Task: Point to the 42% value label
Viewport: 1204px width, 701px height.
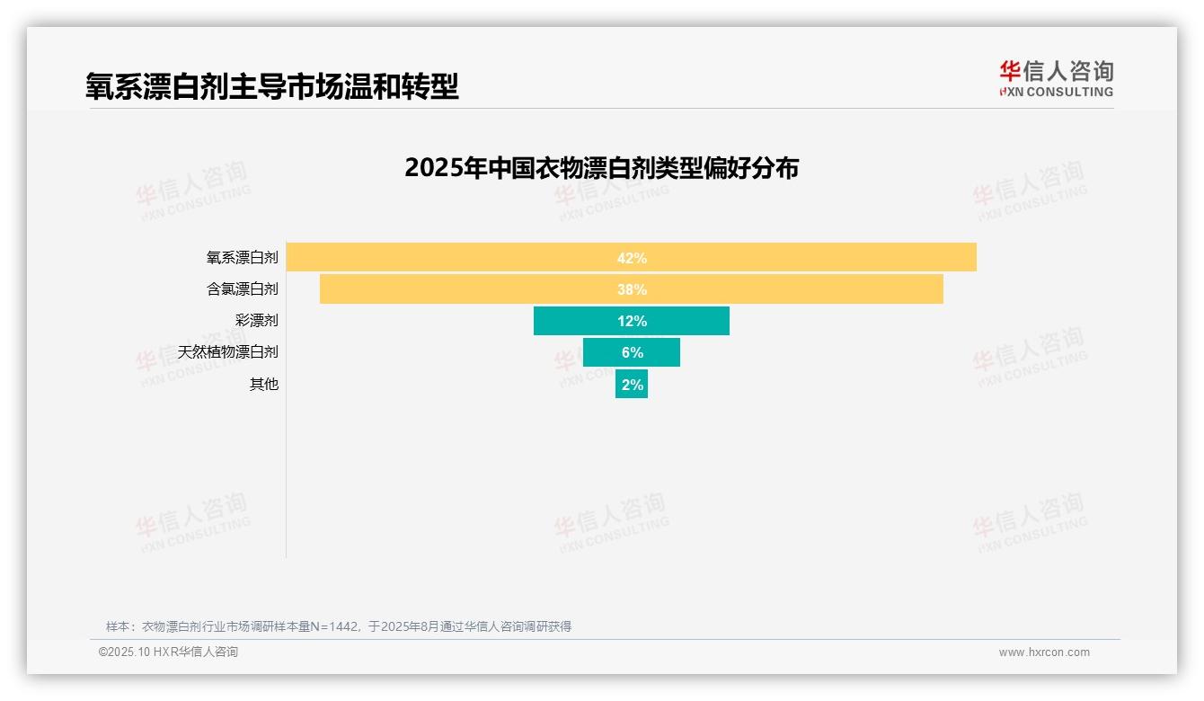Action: (632, 258)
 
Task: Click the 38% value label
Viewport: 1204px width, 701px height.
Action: (632, 289)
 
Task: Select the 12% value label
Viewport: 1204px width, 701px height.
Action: (632, 321)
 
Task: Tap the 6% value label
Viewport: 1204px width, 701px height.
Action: (632, 352)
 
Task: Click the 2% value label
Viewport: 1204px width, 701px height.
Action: (633, 384)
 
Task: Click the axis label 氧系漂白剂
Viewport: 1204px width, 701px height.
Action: (242, 258)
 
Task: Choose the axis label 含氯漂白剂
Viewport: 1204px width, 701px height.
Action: (242, 289)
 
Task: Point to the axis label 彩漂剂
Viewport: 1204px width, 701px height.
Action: (256, 321)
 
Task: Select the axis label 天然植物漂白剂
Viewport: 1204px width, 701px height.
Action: (227, 352)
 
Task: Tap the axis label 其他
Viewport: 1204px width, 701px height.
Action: (264, 384)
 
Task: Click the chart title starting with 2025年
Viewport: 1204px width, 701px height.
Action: (601, 168)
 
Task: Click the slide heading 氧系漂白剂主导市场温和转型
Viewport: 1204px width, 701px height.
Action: (272, 86)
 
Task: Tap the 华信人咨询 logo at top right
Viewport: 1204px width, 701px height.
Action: (1056, 78)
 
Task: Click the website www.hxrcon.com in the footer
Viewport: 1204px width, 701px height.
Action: (1044, 652)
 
